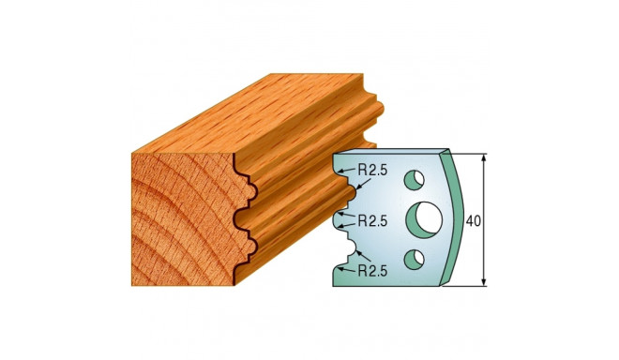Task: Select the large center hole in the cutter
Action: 424,218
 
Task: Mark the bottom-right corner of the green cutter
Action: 442,285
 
